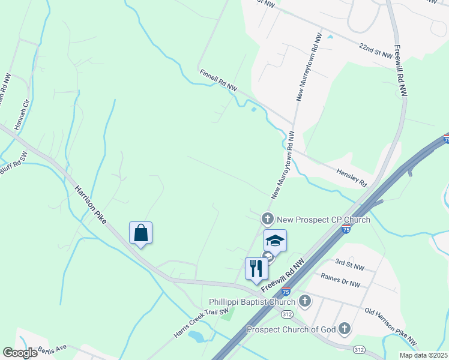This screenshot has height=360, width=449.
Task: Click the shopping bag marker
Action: [140, 233]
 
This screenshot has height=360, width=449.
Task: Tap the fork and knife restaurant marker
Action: [256, 268]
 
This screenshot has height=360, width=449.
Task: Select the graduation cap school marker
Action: [275, 241]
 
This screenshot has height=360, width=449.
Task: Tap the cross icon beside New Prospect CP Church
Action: [267, 219]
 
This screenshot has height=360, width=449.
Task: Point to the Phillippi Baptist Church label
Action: [253, 301]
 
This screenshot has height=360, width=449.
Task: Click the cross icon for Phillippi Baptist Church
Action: [305, 301]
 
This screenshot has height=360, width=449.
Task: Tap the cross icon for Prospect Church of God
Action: [344, 328]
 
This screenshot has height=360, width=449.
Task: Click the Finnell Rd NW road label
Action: [218, 80]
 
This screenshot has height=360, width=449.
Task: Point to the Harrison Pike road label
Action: [91, 205]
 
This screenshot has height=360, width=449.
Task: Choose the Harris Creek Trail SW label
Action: [202, 323]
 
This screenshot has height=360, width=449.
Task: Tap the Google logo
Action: [20, 353]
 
